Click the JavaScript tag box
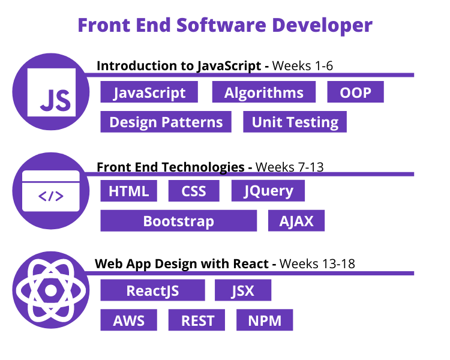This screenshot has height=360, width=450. (149, 93)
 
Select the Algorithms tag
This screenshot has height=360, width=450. (263, 93)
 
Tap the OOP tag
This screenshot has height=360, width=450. (355, 93)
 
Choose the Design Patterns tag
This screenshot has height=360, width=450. (166, 122)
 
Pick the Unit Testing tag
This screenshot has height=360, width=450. (295, 122)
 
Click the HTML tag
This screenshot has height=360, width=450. (129, 191)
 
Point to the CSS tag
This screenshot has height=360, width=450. (194, 191)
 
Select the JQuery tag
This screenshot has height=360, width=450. (268, 191)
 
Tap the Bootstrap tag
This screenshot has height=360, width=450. (178, 221)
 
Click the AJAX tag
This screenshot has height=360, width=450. (296, 221)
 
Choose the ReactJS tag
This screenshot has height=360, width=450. (152, 291)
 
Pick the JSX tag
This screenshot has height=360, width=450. (243, 291)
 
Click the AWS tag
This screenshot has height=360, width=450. (129, 320)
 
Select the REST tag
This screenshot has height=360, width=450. (197, 320)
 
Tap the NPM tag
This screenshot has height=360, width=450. (265, 320)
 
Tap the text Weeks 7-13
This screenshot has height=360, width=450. (290, 167)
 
